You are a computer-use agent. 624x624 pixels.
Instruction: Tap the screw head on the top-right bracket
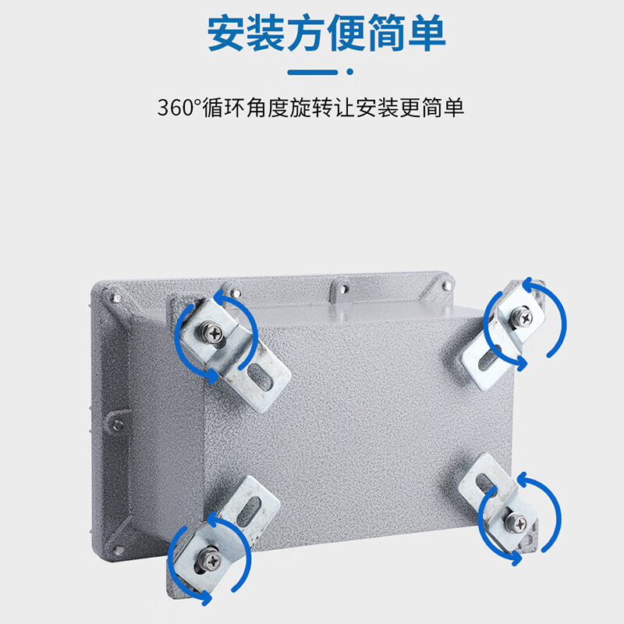click(x=521, y=317)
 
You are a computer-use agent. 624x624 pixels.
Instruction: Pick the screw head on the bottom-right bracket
click(x=516, y=523)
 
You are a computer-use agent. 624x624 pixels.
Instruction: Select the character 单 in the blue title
click(x=426, y=33)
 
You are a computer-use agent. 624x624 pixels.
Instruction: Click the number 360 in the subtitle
click(x=175, y=108)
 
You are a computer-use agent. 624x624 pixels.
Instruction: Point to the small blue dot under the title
click(x=349, y=72)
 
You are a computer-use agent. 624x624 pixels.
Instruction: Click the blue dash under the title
click(x=313, y=72)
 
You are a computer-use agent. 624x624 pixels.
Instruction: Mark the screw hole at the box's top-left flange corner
click(x=117, y=298)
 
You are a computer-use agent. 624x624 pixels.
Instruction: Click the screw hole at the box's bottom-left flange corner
click(x=119, y=551)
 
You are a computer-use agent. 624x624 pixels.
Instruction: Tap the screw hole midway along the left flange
click(x=118, y=425)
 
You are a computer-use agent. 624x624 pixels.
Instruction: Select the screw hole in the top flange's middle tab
click(x=343, y=288)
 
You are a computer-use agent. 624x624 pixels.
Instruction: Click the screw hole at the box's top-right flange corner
click(x=446, y=285)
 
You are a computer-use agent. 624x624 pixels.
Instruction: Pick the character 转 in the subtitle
click(x=322, y=108)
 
